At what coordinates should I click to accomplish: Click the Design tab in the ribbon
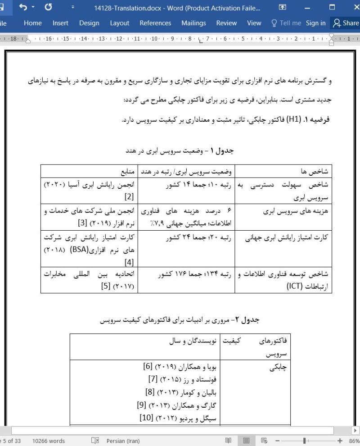tap(89, 23)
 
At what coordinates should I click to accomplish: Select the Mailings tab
tap(193, 23)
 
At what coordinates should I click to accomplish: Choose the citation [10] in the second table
tap(147, 417)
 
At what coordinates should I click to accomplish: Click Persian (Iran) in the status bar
tap(122, 441)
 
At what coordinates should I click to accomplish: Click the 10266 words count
tap(48, 441)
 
